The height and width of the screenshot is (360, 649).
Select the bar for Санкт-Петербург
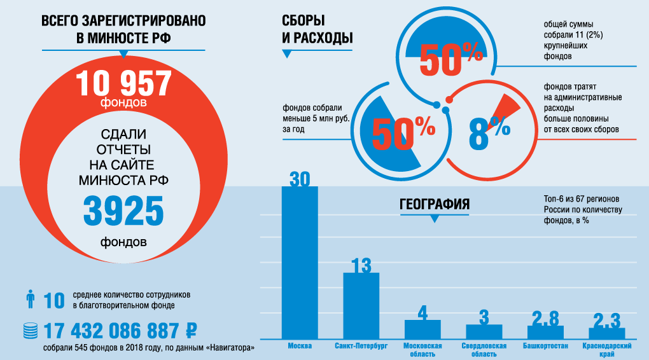coord(361,305)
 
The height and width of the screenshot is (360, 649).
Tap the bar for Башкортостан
coord(545,331)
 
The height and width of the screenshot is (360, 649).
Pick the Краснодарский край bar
coord(606,333)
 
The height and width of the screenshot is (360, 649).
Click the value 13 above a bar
coord(361,265)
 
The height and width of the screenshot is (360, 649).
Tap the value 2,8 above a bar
coord(545,318)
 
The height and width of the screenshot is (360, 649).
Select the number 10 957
coord(123,83)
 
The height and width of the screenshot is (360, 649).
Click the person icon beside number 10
coord(29,299)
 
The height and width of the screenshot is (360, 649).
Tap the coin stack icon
coord(29,330)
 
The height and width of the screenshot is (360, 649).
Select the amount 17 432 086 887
coord(111,331)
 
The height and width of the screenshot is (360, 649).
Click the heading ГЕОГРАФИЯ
coord(435,205)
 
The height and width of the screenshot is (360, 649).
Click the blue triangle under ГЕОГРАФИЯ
coord(435,219)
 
